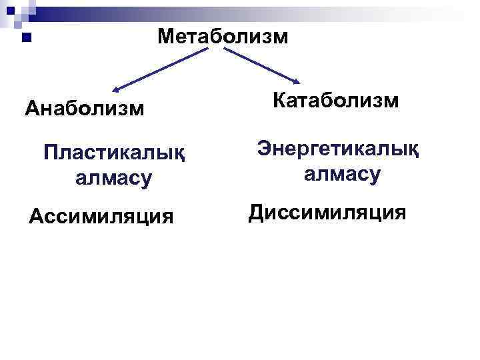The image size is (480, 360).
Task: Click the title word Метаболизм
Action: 223,36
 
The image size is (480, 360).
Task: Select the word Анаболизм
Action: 84,107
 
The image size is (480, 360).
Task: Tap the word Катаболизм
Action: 336,101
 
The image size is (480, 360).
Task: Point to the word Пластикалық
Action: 114,154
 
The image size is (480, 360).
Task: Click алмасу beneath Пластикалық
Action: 114,178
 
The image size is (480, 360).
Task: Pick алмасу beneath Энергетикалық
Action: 342,175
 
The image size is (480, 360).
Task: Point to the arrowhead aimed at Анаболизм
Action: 115,89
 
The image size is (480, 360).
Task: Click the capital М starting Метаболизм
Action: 166,36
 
